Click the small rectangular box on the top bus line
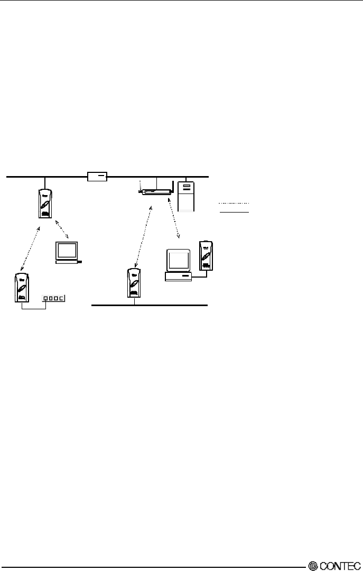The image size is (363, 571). point(98,177)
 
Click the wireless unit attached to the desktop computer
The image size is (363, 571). point(206,256)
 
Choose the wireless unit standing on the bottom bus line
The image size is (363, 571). point(134,283)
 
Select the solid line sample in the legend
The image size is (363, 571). point(234,211)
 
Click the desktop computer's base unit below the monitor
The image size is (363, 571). point(178,277)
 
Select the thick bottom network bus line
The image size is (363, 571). point(150,306)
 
